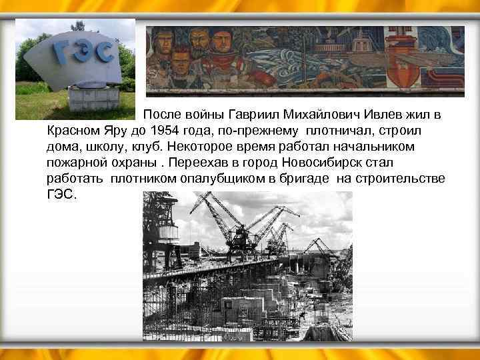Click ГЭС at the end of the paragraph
pos(62,195)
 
